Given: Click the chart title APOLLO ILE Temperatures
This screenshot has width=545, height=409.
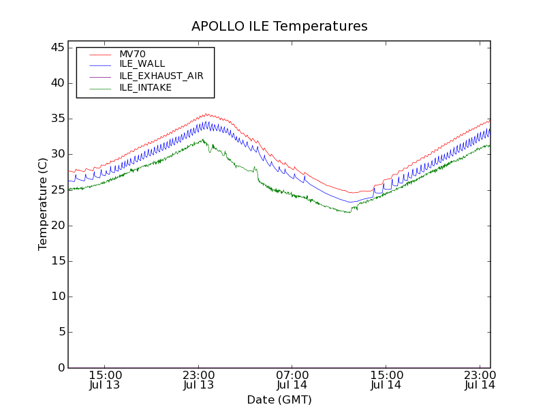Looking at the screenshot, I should (279, 27).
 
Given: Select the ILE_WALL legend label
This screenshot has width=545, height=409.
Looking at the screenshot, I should (142, 64).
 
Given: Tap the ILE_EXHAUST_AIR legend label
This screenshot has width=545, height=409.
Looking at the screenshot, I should (161, 76).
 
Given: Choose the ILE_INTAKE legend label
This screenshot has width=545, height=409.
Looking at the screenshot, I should (145, 87).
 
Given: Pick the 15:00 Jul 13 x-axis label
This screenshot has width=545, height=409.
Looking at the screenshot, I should (105, 380).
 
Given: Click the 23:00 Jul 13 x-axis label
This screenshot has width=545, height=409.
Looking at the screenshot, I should (198, 380).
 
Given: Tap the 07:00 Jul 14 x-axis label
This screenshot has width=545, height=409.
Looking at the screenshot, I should (292, 380).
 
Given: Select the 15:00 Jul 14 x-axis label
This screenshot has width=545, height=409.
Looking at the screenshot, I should (386, 380).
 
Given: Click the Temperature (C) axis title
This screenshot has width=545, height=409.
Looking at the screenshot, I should (43, 204).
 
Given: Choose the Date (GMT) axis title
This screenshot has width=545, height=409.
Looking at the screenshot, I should (279, 400).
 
